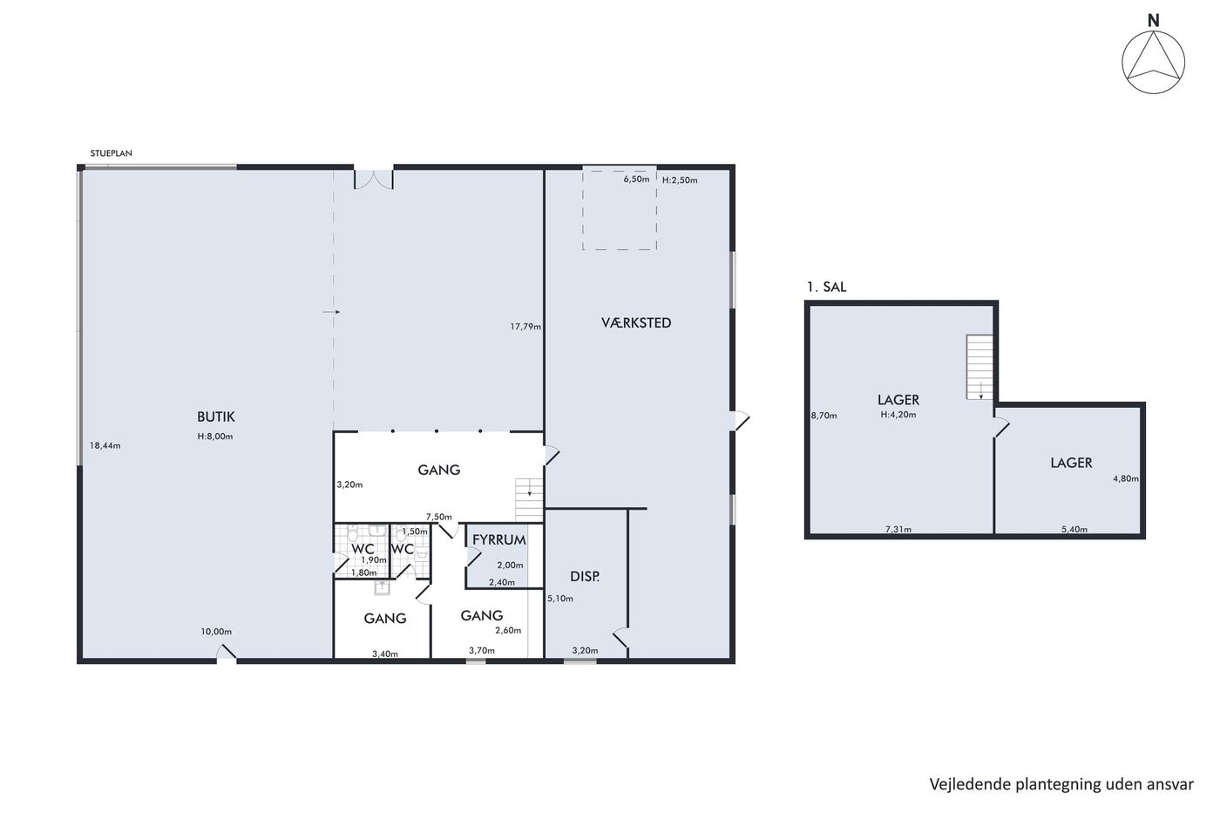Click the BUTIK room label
(x=216, y=417)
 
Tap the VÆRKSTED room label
(x=636, y=322)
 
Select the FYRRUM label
(x=498, y=539)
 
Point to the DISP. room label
(x=585, y=576)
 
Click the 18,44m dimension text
(x=105, y=445)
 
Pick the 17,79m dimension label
(x=525, y=327)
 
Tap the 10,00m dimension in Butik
(x=216, y=632)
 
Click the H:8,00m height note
(x=215, y=437)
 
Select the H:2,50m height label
(x=680, y=180)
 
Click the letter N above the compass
(x=1154, y=21)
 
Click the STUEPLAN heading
(x=112, y=153)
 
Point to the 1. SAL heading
(x=827, y=287)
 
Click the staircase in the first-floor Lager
(x=979, y=367)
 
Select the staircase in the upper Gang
(x=530, y=500)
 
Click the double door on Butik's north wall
(x=374, y=180)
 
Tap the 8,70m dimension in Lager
(x=824, y=416)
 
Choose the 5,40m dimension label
(x=1074, y=529)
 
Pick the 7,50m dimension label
(x=439, y=517)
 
